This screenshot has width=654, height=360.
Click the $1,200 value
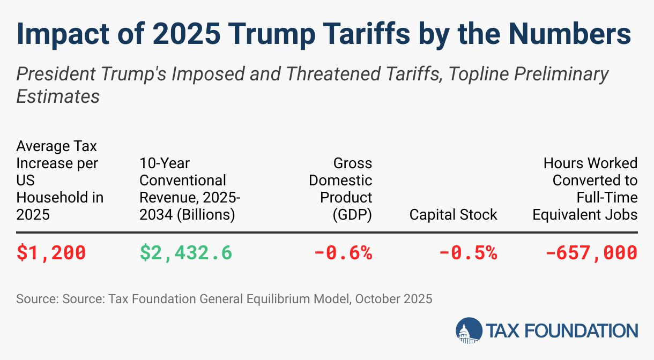pyautogui.click(x=51, y=252)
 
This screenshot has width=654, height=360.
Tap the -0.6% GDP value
pyautogui.click(x=343, y=252)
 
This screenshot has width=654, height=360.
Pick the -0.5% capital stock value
pyautogui.click(x=468, y=252)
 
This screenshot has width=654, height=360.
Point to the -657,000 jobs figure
pyautogui.click(x=591, y=252)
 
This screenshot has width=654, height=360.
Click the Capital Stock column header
pyautogui.click(x=453, y=215)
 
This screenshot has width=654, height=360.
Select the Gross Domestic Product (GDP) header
pyautogui.click(x=340, y=189)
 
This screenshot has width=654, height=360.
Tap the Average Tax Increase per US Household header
pyautogui.click(x=60, y=180)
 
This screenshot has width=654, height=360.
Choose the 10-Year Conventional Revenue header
pyautogui.click(x=190, y=189)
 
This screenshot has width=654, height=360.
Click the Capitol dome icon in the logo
pyautogui.click(x=469, y=331)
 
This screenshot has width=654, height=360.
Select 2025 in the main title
pyautogui.click(x=182, y=34)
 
